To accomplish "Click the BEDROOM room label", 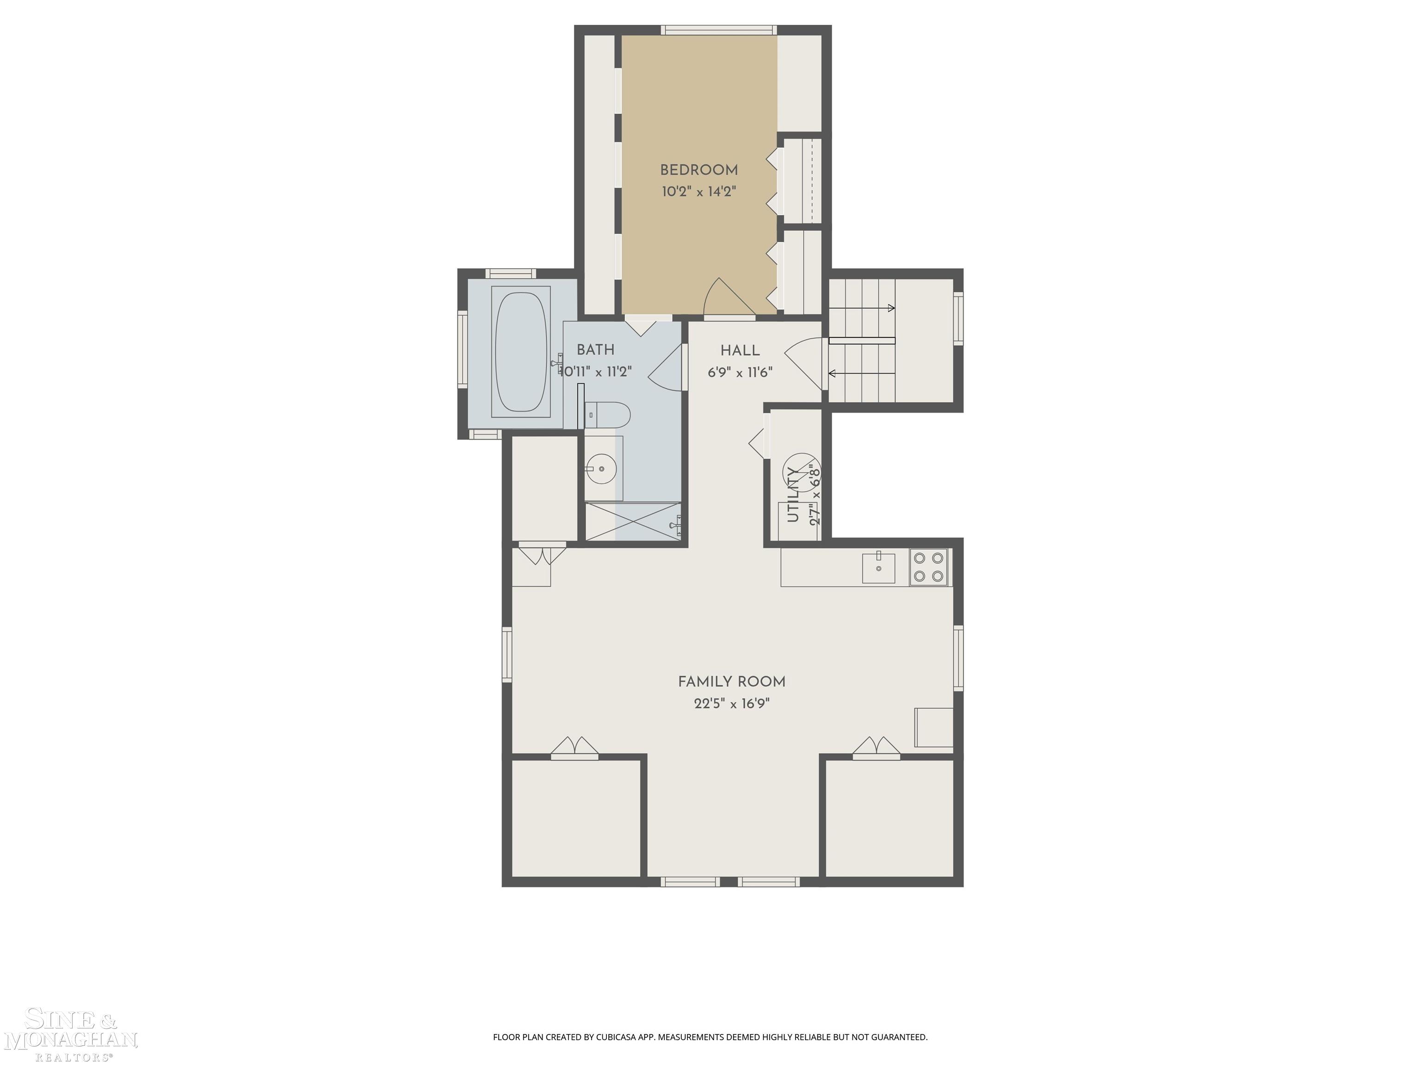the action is coord(699,170).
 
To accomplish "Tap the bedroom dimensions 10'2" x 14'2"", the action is coord(699,192).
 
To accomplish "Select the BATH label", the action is coord(595,350).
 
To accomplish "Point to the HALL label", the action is coord(740,351).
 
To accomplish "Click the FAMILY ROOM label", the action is coord(732,682).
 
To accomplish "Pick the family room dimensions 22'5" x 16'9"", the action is coord(732,704).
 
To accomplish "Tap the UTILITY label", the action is coord(793,494).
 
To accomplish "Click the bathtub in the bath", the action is coord(521,352).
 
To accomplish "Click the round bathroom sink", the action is coord(602,468).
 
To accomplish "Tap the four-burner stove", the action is coord(929,567).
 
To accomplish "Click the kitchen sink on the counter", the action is coord(878,567).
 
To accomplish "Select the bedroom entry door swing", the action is coord(729,298).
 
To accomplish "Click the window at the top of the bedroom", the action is coord(719,30).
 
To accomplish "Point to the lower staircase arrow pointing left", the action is coord(861,373).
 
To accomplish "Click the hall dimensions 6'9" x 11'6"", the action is coord(740,372).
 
